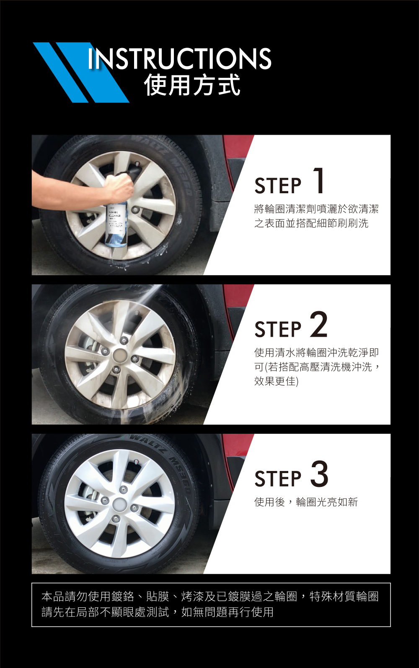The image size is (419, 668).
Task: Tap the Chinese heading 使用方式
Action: (192, 85)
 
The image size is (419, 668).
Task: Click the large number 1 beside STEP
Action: (319, 180)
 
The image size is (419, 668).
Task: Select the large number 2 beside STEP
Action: (319, 324)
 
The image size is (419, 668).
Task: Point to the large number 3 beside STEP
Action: (319, 474)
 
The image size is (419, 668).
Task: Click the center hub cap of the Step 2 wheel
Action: (121, 355)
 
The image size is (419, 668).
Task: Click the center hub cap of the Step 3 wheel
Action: (120, 505)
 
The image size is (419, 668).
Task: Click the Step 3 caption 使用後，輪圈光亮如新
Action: (306, 502)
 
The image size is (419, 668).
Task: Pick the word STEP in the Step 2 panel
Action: (278, 329)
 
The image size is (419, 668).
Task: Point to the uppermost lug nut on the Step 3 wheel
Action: (123, 489)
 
